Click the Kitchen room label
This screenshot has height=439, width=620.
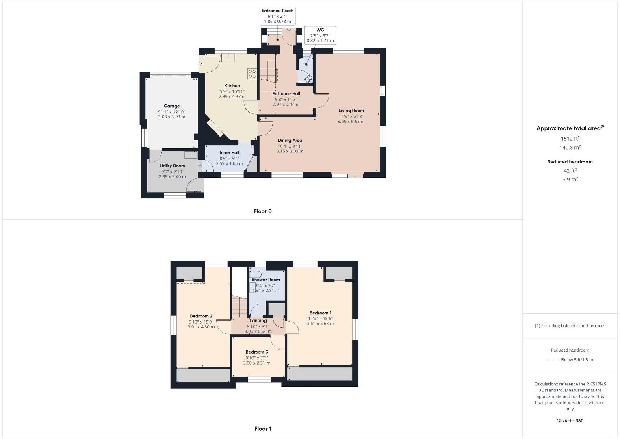(232, 86)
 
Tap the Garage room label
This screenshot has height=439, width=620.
(171, 106)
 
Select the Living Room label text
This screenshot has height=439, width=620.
(351, 111)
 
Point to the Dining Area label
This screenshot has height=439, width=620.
(290, 140)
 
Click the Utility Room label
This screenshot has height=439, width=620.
(172, 166)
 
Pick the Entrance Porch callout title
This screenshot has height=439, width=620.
(277, 11)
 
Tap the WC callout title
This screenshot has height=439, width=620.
(320, 30)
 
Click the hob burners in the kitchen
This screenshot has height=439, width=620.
(252, 74)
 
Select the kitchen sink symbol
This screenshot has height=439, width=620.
(228, 58)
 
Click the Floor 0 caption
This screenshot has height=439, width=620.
(262, 211)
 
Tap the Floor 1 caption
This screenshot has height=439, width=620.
(262, 429)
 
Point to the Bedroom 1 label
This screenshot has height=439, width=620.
(320, 313)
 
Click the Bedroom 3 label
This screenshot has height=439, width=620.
(257, 352)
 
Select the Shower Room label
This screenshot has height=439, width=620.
(265, 280)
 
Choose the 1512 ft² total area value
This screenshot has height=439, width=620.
(570, 139)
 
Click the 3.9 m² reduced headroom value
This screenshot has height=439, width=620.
(570, 180)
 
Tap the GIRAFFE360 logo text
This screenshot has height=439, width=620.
(570, 421)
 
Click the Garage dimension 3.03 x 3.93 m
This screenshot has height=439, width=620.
(171, 117)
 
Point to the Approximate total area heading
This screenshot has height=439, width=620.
(570, 128)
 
